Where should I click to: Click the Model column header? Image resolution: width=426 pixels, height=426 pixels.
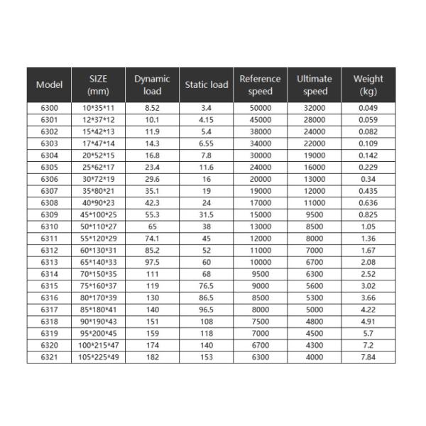pos(49,85)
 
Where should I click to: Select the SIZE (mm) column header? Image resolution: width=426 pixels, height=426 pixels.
pos(98,85)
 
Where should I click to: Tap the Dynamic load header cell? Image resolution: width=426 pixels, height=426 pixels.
pos(152,85)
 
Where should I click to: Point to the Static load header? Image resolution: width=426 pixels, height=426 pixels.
pos(206,85)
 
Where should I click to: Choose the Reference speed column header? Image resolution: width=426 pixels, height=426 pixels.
pos(260,85)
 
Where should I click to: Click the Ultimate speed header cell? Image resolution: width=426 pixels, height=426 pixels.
pos(315,85)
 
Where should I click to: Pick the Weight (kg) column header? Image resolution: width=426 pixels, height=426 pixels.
pos(368,85)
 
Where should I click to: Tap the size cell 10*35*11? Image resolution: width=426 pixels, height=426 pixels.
pos(98,108)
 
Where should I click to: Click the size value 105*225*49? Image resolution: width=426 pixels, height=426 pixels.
pos(98,357)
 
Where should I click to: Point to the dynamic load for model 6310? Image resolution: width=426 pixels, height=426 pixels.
pos(152,226)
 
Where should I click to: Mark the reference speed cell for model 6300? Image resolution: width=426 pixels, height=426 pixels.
pos(260,108)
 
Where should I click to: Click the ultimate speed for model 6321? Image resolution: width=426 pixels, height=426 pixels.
pos(315,357)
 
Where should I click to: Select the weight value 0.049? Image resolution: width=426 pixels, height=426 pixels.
pos(368,108)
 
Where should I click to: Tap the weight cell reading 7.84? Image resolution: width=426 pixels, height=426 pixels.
pos(368,357)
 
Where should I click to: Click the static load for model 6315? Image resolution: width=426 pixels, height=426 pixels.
pos(206,286)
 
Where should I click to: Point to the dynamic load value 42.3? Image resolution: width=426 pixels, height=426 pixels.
pos(152,203)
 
